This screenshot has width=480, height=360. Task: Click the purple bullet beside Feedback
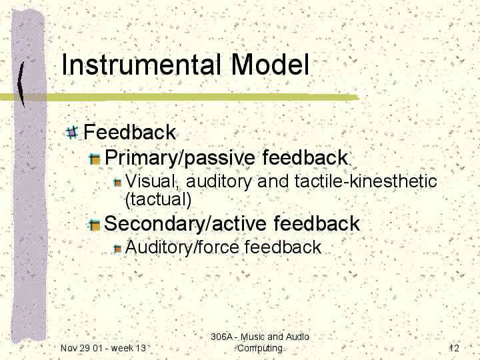tap(72, 133)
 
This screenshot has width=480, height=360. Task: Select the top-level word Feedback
tap(129, 132)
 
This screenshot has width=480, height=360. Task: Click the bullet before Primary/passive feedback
tap(95, 159)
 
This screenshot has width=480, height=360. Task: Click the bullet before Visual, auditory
tap(117, 183)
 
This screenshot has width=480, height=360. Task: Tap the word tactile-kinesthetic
tap(366, 181)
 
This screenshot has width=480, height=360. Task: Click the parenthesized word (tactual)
tap(158, 199)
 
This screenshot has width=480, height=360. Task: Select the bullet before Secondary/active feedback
tap(95, 225)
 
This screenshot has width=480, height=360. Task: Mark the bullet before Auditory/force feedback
tap(117, 249)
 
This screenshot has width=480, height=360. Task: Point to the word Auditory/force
tap(182, 247)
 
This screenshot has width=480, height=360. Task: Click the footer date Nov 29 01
tap(81, 348)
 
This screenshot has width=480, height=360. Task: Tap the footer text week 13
tap(128, 348)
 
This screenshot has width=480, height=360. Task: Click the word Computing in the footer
tap(260, 349)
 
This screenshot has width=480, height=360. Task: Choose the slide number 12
tap(454, 348)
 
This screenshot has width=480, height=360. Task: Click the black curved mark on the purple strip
tap(21, 84)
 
